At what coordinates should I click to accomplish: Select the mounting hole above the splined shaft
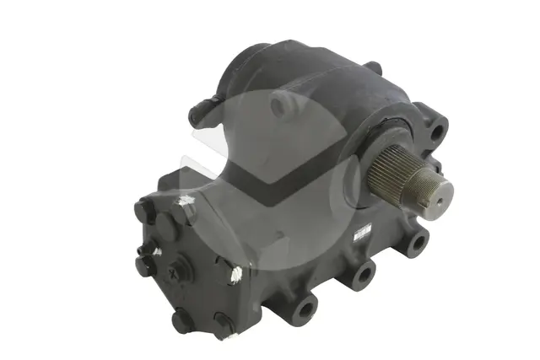pos(435,132)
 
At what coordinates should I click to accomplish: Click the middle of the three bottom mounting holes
pos(363,274)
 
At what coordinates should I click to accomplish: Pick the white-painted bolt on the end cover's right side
pos(235,273)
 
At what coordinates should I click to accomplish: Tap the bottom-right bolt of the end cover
pos(223,325)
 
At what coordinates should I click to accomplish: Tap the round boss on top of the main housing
pos(283,104)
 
